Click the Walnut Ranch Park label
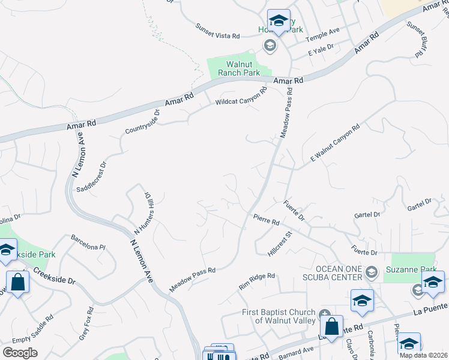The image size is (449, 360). point(234,68)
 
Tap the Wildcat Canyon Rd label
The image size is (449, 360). point(241,98)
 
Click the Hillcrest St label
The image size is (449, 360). point(279,244)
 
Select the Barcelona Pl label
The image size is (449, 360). point(88,247)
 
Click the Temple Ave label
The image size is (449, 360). point(322,37)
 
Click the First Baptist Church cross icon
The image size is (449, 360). point(325,313)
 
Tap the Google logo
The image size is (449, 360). point(20,352)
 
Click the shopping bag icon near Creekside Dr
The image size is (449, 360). point(17,282)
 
